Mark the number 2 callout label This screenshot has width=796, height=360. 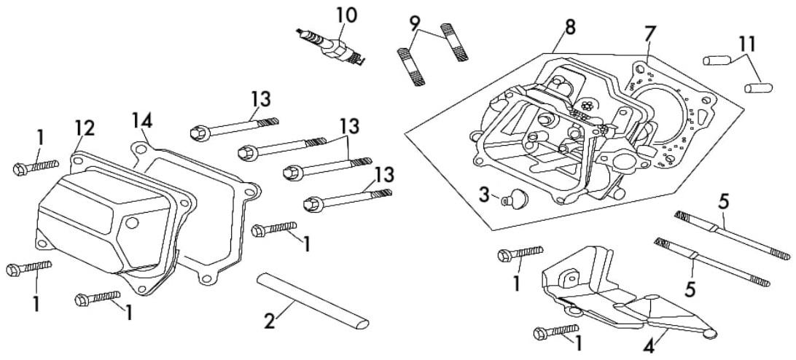coord(269,321)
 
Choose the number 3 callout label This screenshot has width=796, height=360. coord(482,195)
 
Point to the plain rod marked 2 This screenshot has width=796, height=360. coord(313,300)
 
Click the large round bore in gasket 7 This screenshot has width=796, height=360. coord(660,113)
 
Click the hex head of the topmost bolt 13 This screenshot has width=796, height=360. coord(197,131)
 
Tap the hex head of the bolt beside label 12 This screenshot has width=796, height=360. coord(20,169)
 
